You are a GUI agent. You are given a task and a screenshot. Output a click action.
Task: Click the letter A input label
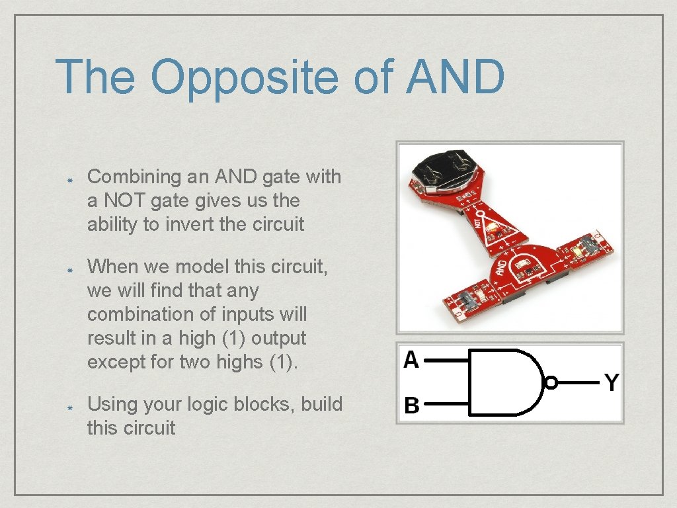pyautogui.click(x=411, y=360)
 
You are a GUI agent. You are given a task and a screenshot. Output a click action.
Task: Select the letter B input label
pyautogui.click(x=411, y=405)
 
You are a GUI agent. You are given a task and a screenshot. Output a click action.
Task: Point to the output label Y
pyautogui.click(x=612, y=382)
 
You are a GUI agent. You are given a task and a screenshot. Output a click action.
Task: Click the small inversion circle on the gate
pyautogui.click(x=550, y=382)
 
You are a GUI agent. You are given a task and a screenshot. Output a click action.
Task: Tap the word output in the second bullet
pyautogui.click(x=279, y=338)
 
